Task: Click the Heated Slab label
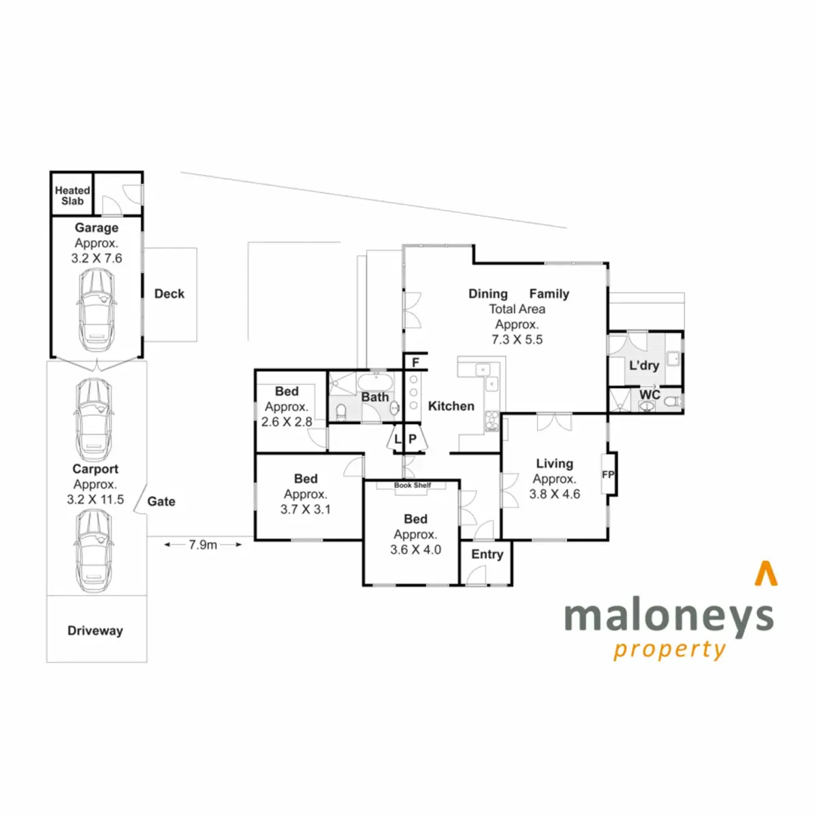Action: (72, 195)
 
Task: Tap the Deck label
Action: (169, 293)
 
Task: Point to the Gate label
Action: (161, 501)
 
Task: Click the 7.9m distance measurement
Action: (203, 545)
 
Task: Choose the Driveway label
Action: (95, 630)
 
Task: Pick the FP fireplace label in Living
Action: (608, 475)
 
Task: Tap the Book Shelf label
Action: (413, 485)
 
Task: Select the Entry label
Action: (487, 554)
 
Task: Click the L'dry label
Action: (644, 365)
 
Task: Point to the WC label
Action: (650, 395)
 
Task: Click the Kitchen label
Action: (451, 406)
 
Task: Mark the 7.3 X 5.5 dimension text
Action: (517, 339)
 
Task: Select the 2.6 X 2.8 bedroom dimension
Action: (287, 421)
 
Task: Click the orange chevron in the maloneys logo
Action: (766, 573)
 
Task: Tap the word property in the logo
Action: (669, 650)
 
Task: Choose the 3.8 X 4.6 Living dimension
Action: (555, 494)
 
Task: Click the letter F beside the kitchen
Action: (415, 362)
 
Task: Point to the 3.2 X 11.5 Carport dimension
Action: (95, 499)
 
